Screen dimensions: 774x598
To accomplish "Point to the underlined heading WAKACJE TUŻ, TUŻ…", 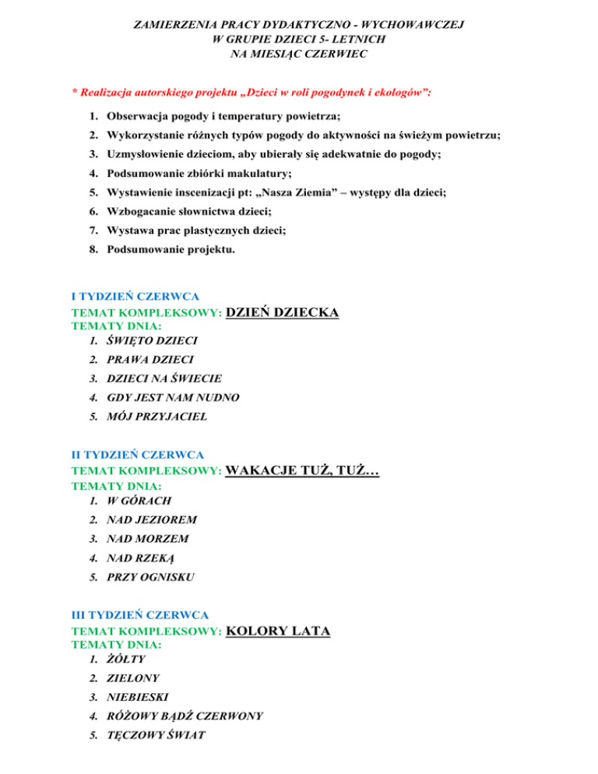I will pos(301,471).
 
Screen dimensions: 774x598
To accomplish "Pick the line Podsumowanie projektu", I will pos(171,250).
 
